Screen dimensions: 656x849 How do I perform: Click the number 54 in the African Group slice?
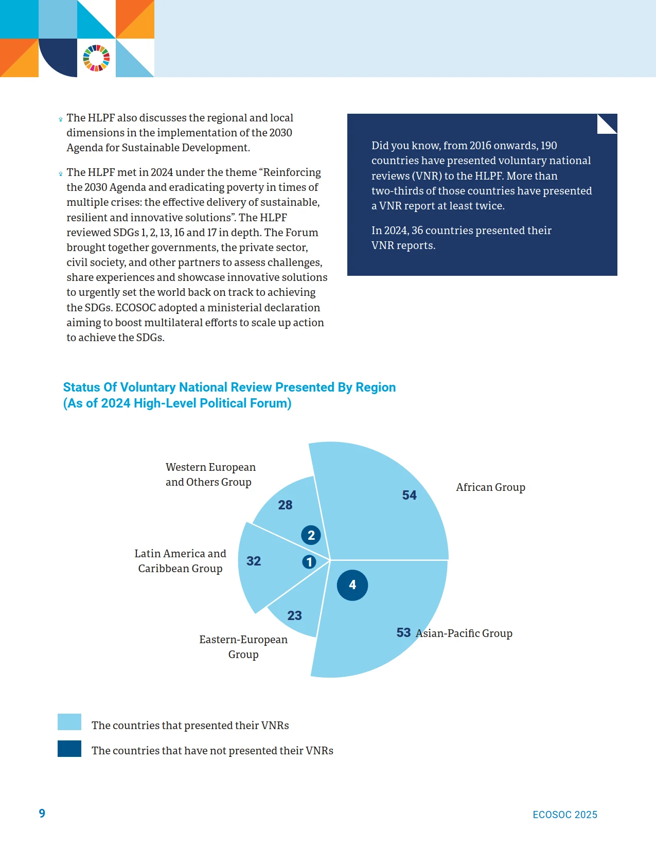409,495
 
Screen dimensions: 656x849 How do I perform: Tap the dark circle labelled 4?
352,585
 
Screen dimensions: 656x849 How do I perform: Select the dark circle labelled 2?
311,535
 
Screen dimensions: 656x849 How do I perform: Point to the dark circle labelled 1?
309,562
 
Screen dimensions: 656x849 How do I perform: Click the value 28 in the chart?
285,505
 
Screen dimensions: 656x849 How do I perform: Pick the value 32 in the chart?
254,561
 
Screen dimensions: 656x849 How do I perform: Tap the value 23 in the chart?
295,616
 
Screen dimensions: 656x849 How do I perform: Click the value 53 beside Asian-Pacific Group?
403,632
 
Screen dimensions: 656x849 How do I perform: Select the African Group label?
490,487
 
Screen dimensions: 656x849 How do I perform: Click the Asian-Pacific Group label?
464,633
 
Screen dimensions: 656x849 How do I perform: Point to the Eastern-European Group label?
243,647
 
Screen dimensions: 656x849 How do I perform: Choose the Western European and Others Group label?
210,474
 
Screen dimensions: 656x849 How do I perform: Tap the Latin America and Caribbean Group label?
181,561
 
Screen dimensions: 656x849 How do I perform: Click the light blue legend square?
69,722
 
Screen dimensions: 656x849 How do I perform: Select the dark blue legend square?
69,749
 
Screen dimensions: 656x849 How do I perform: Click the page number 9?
42,813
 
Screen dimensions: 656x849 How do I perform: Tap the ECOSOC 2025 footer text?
565,815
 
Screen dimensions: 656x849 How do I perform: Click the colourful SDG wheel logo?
96,58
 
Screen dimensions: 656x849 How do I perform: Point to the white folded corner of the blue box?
607,124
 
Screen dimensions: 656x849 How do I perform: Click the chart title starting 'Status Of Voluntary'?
229,395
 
